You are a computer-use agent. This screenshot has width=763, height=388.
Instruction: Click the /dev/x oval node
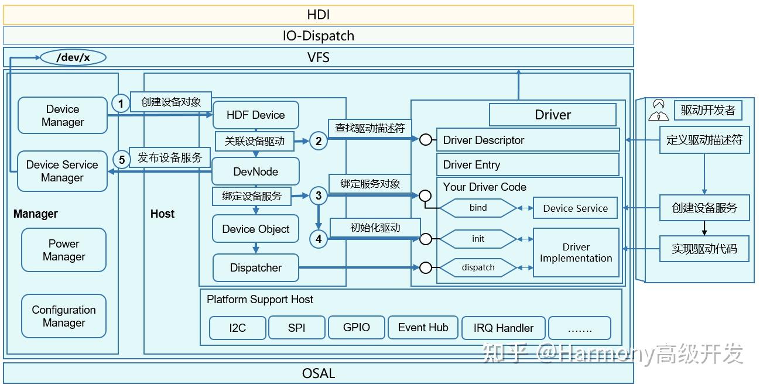pyautogui.click(x=73, y=57)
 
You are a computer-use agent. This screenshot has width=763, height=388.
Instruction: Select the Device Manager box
pyautogui.click(x=63, y=116)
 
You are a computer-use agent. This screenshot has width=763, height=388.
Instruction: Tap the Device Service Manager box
pyautogui.click(x=62, y=171)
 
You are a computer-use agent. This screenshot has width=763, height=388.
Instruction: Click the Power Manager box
pyautogui.click(x=64, y=250)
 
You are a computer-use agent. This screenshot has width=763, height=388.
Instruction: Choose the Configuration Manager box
pyautogui.click(x=64, y=317)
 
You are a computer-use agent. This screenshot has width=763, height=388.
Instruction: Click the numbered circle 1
pyautogui.click(x=121, y=104)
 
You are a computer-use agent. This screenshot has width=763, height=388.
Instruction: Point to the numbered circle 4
pyautogui.click(x=319, y=239)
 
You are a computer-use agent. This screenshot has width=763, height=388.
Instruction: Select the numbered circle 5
pyautogui.click(x=121, y=159)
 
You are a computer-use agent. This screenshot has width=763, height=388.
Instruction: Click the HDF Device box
pyautogui.click(x=255, y=115)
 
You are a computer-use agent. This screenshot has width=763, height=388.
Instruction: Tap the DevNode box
pyautogui.click(x=255, y=172)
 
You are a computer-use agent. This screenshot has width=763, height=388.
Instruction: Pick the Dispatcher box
pyautogui.click(x=255, y=268)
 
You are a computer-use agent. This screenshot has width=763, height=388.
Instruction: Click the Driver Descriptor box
pyautogui.click(x=527, y=140)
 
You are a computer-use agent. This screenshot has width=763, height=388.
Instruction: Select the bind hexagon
pyautogui.click(x=478, y=208)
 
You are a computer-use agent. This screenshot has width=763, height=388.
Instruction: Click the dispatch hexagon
pyautogui.click(x=478, y=267)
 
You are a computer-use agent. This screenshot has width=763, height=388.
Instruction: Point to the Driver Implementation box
pyautogui.click(x=576, y=253)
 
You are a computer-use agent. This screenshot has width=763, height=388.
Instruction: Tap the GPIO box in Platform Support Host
pyautogui.click(x=356, y=328)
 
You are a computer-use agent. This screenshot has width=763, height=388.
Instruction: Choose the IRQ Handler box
pyautogui.click(x=504, y=328)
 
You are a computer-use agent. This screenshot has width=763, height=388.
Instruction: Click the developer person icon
pyautogui.click(x=659, y=110)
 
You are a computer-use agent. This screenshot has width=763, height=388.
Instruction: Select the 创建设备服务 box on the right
pyautogui.click(x=704, y=208)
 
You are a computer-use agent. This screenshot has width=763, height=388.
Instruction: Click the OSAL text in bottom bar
pyautogui.click(x=319, y=373)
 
